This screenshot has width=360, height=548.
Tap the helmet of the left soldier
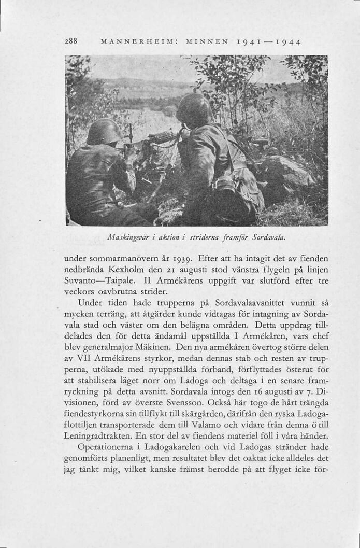point(103,132)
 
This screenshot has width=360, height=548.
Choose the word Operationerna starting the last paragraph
point(108,448)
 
